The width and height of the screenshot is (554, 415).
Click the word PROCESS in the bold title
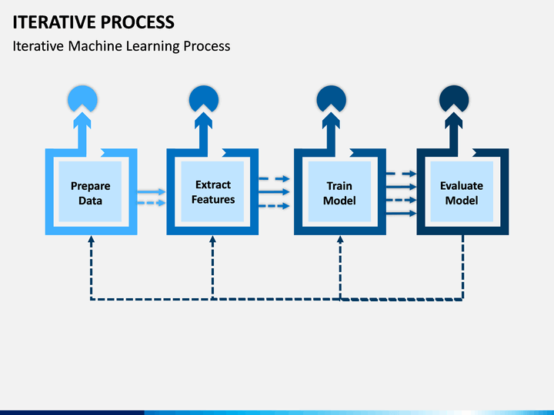tap(138, 22)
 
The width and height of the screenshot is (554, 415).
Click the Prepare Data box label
tap(91, 193)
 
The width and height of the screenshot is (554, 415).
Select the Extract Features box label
tap(213, 192)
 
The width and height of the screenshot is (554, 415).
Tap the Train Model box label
tap(339, 193)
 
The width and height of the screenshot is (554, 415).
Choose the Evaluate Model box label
tap(462, 193)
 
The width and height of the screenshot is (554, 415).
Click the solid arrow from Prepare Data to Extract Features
tap(152, 191)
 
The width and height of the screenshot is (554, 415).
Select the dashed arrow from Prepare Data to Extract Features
tap(152, 203)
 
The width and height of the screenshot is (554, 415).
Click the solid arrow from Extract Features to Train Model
tap(274, 192)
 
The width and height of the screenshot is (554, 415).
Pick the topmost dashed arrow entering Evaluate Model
tap(402, 174)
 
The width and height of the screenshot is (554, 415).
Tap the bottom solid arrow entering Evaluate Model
tap(402, 213)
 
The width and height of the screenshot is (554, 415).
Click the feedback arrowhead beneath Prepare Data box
tap(91, 239)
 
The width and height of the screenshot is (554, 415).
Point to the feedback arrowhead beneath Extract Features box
tap(212, 239)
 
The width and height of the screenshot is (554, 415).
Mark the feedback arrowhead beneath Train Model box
tap(340, 239)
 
